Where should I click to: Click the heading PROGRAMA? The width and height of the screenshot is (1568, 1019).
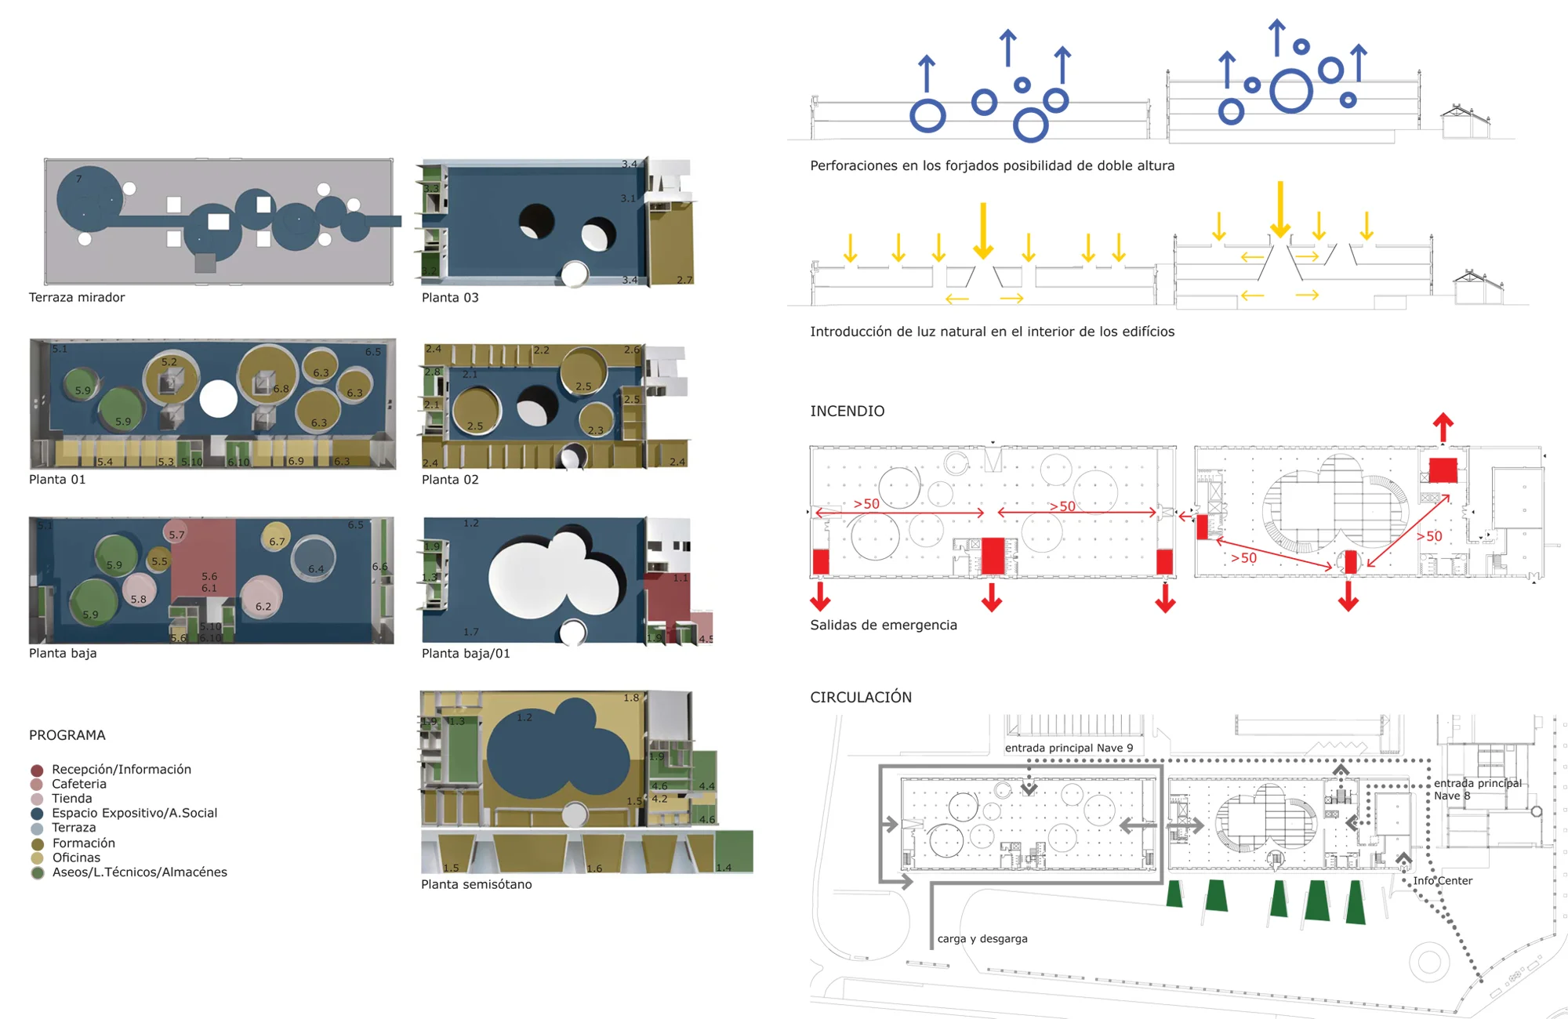pos(67,735)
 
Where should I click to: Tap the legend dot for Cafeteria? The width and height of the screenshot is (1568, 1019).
pos(37,785)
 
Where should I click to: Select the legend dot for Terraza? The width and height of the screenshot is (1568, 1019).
pos(37,829)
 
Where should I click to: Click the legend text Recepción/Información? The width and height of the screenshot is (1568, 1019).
pos(122,770)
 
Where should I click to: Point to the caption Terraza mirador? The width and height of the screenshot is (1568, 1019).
pos(77,298)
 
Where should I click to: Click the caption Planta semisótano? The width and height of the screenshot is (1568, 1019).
pos(477,885)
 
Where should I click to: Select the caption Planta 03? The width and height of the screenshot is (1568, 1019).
pos(450,298)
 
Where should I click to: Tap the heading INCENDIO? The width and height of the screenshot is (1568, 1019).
pos(847,412)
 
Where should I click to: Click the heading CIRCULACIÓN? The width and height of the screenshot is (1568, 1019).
pos(861,698)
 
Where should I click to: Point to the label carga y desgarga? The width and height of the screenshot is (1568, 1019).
pos(982,939)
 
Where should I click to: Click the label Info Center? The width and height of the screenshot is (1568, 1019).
pos(1443,881)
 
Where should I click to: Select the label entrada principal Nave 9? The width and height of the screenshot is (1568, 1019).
pos(1069,749)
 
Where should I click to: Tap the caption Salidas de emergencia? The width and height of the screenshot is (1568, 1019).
pos(884,626)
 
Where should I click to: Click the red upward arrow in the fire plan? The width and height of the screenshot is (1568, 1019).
pos(1443,428)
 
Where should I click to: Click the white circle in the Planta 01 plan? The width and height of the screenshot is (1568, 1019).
pos(218,399)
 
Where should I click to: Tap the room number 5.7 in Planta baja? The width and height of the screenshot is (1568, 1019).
pos(176,535)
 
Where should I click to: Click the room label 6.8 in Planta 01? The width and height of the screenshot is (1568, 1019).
pos(281,389)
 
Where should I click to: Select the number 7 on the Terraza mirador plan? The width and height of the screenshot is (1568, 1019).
pos(79,180)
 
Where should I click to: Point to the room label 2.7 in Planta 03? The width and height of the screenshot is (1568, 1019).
pos(684,280)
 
